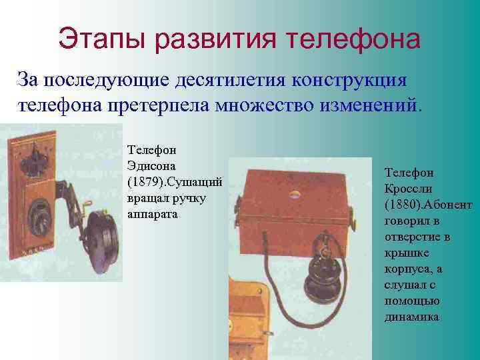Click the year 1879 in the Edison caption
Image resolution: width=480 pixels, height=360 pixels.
[144, 182]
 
